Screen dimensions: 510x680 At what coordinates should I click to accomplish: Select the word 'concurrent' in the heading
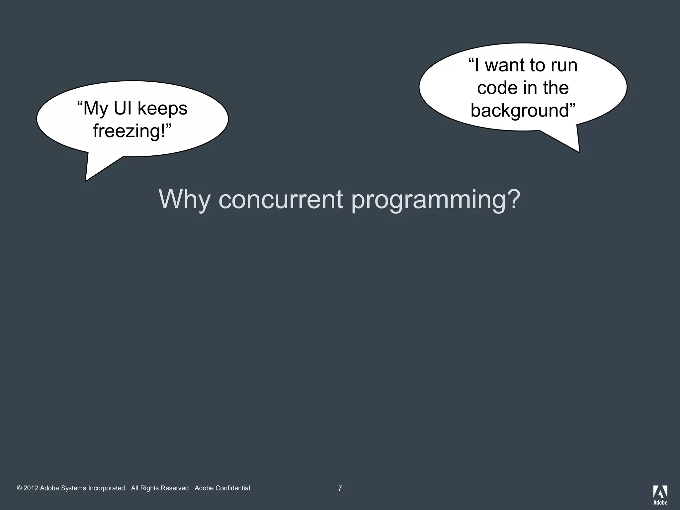point(281,200)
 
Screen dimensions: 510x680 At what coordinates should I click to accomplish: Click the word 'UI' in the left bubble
point(123,108)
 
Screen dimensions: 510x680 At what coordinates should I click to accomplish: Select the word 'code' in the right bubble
point(497,88)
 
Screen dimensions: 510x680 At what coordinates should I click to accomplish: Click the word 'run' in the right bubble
point(564,66)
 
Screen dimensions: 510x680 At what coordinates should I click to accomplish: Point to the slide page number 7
point(340,488)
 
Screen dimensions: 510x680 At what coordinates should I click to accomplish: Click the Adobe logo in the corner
point(660,495)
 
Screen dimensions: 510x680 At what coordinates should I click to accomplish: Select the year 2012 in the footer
point(31,488)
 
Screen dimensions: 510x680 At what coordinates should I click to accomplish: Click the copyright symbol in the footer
point(19,488)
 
